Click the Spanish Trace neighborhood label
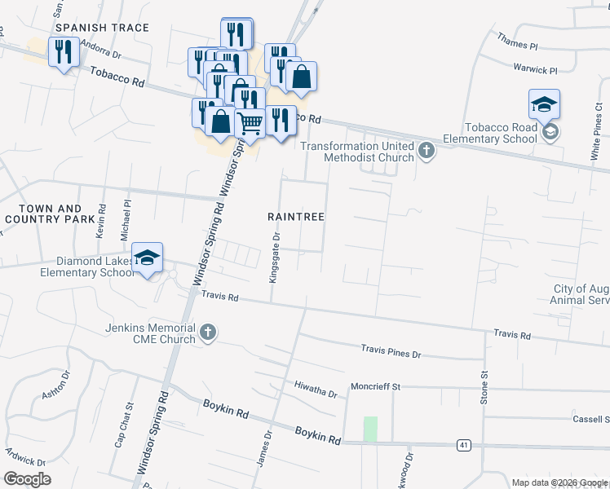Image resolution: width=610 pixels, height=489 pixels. pyautogui.click(x=101, y=28)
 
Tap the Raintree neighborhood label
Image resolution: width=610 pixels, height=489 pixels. pyautogui.click(x=297, y=217)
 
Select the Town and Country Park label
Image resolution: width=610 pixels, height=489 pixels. pyautogui.click(x=44, y=214)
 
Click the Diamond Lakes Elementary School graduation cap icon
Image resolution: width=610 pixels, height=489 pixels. pyautogui.click(x=147, y=258)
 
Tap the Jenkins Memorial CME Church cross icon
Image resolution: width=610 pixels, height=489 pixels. pyautogui.click(x=208, y=332)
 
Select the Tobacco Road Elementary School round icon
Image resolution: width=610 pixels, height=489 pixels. pyautogui.click(x=551, y=132)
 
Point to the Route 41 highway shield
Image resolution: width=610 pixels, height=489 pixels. pyautogui.click(x=463, y=445)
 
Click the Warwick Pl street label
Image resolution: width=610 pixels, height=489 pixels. pyautogui.click(x=535, y=70)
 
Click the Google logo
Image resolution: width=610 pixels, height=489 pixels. pyautogui.click(x=27, y=479)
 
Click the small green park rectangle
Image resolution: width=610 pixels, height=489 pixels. pyautogui.click(x=370, y=429)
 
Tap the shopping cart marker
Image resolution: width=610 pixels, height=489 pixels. pyautogui.click(x=250, y=123)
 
